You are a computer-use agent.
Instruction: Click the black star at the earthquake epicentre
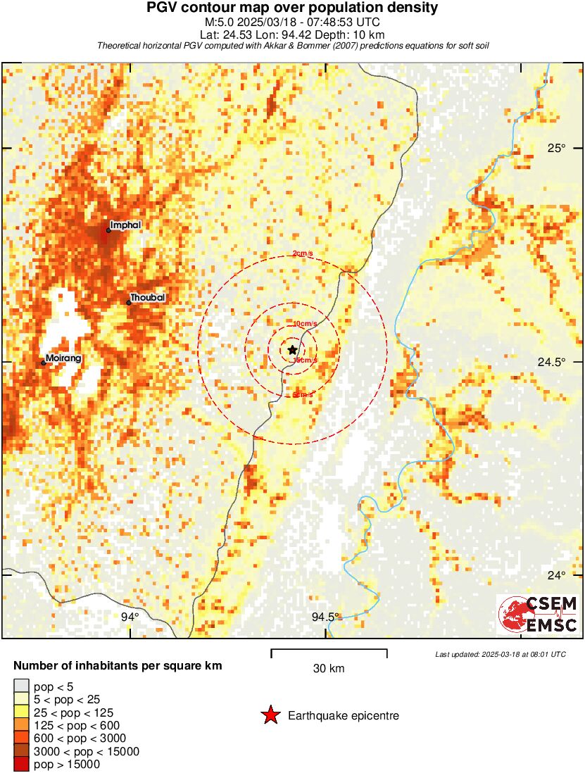point(292,350)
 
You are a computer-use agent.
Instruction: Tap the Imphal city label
point(126,225)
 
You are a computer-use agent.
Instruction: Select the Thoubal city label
point(148,297)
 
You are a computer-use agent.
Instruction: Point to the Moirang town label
point(63,358)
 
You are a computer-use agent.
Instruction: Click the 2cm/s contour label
point(303,254)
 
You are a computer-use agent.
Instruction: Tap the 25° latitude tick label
point(558,147)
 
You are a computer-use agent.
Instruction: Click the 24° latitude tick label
point(558,575)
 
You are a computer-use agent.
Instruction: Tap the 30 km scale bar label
point(329,668)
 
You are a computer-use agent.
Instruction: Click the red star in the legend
point(270,716)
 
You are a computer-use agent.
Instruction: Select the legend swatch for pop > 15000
point(21,764)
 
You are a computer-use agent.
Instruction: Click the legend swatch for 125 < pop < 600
point(21,725)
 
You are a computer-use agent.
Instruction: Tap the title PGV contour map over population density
point(292,8)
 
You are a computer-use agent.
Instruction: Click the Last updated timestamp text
point(500,654)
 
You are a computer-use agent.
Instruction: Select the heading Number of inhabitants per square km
point(118,665)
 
